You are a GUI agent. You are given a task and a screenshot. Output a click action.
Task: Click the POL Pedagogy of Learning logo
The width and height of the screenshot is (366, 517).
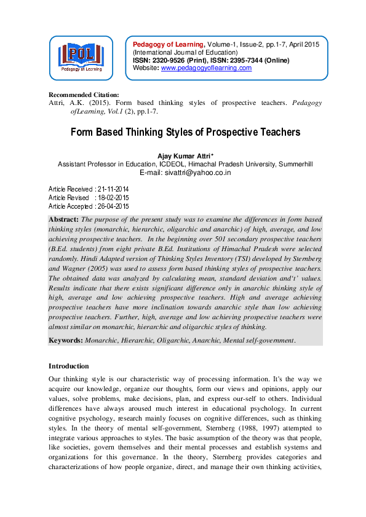[81, 58]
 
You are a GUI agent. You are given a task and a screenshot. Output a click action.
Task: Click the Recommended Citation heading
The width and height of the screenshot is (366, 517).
[84, 95]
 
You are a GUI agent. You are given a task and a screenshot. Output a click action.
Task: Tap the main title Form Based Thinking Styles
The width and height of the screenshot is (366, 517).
[185, 132]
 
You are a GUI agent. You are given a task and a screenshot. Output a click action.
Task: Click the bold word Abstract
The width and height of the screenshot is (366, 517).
[63, 219]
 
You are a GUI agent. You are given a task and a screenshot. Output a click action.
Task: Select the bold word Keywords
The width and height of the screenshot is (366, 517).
[66, 340]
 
